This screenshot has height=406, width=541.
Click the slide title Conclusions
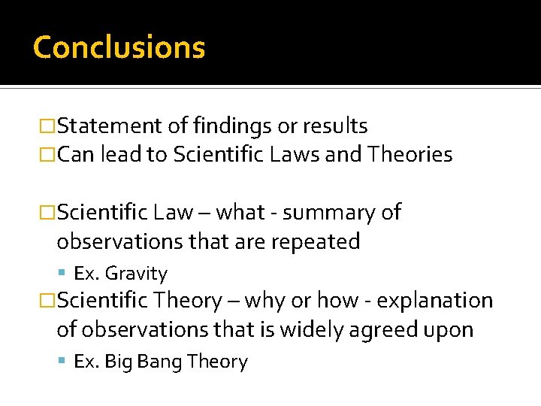pos(119,47)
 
